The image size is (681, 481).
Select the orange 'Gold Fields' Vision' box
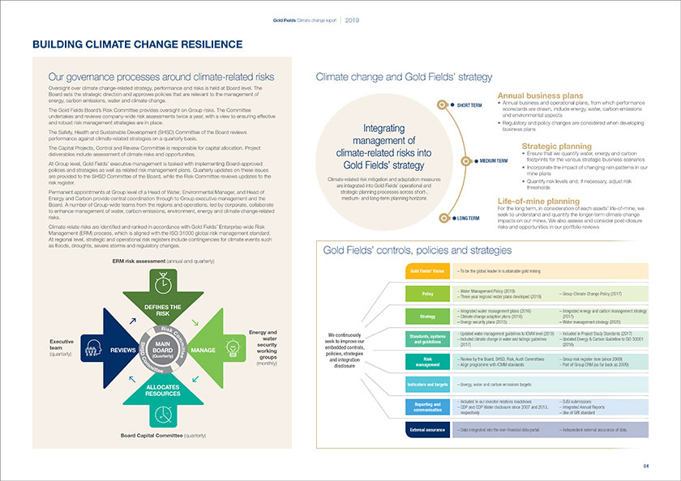(425, 270)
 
